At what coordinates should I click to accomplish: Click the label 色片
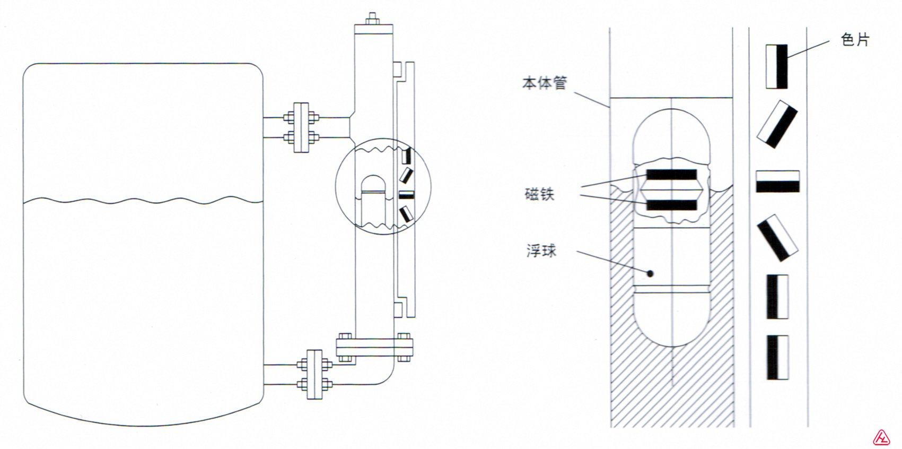point(855,40)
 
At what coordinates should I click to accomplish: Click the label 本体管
point(545,83)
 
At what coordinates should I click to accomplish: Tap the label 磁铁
point(540,194)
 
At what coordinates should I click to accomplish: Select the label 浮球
point(541,251)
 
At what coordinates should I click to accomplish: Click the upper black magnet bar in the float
point(671,175)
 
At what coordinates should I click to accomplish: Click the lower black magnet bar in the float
point(671,205)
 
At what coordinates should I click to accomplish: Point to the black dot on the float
point(650,274)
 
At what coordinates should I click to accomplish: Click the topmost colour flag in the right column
point(777,66)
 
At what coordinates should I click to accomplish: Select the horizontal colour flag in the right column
point(777,182)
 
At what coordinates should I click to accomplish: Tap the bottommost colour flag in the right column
point(777,358)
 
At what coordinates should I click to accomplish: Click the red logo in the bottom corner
point(881,438)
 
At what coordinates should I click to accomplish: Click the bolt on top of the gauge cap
point(372,19)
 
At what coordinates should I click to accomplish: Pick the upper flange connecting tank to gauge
point(301,127)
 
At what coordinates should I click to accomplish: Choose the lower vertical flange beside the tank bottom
point(314,375)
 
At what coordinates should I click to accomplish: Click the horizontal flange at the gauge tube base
point(374,348)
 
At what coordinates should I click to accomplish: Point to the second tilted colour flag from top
point(777,124)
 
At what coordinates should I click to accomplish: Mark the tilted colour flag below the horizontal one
point(777,238)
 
